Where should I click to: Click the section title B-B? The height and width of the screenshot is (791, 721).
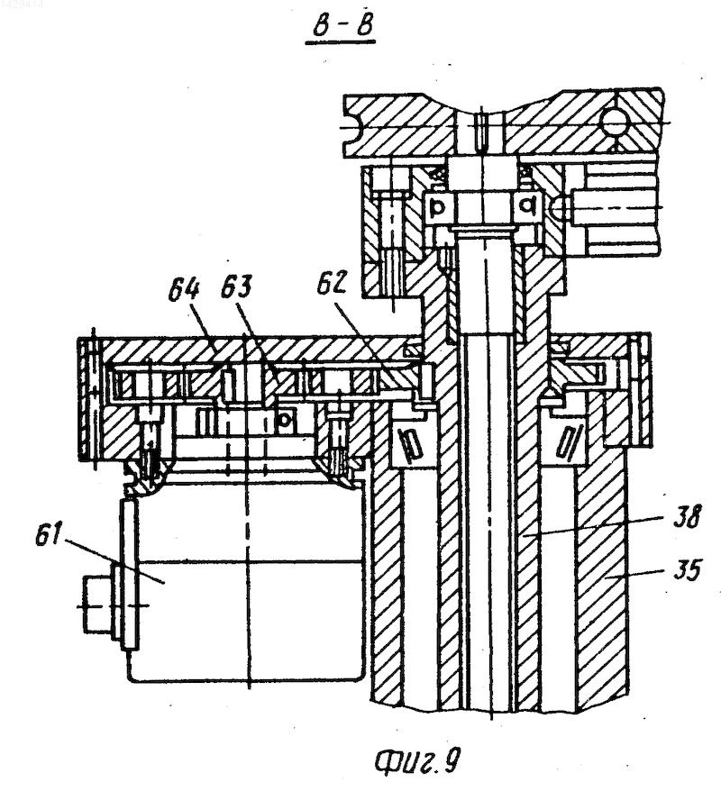(x=341, y=27)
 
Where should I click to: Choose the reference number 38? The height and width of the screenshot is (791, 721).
(x=687, y=515)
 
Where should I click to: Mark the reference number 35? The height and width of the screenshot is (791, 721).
(x=686, y=569)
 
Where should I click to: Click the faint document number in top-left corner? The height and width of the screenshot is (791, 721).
(x=23, y=5)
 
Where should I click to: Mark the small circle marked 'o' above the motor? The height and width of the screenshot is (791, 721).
(x=285, y=418)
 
